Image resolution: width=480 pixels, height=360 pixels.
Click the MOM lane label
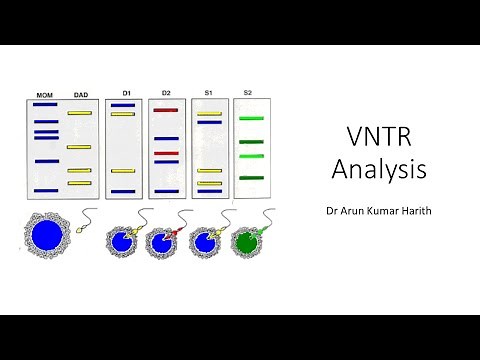coord(45,96)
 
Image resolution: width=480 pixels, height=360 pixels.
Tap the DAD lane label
coord(80,96)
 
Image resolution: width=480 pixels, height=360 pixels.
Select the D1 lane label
coord(127,93)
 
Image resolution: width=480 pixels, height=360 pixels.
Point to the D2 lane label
coord(165,93)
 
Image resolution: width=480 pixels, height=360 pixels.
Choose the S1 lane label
coord(209,93)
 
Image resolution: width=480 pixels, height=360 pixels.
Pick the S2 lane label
coord(247,93)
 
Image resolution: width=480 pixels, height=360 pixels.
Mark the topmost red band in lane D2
coord(166,110)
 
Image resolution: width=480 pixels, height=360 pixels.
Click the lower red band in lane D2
coord(166,154)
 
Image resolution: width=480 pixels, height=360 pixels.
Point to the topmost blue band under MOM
coord(46,106)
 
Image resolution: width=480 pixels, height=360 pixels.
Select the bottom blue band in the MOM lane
coord(46,190)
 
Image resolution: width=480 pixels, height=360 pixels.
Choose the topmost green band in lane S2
coord(250,118)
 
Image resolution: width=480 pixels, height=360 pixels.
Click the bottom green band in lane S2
coord(250,177)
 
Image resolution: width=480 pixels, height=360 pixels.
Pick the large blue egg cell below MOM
coord(46,236)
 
